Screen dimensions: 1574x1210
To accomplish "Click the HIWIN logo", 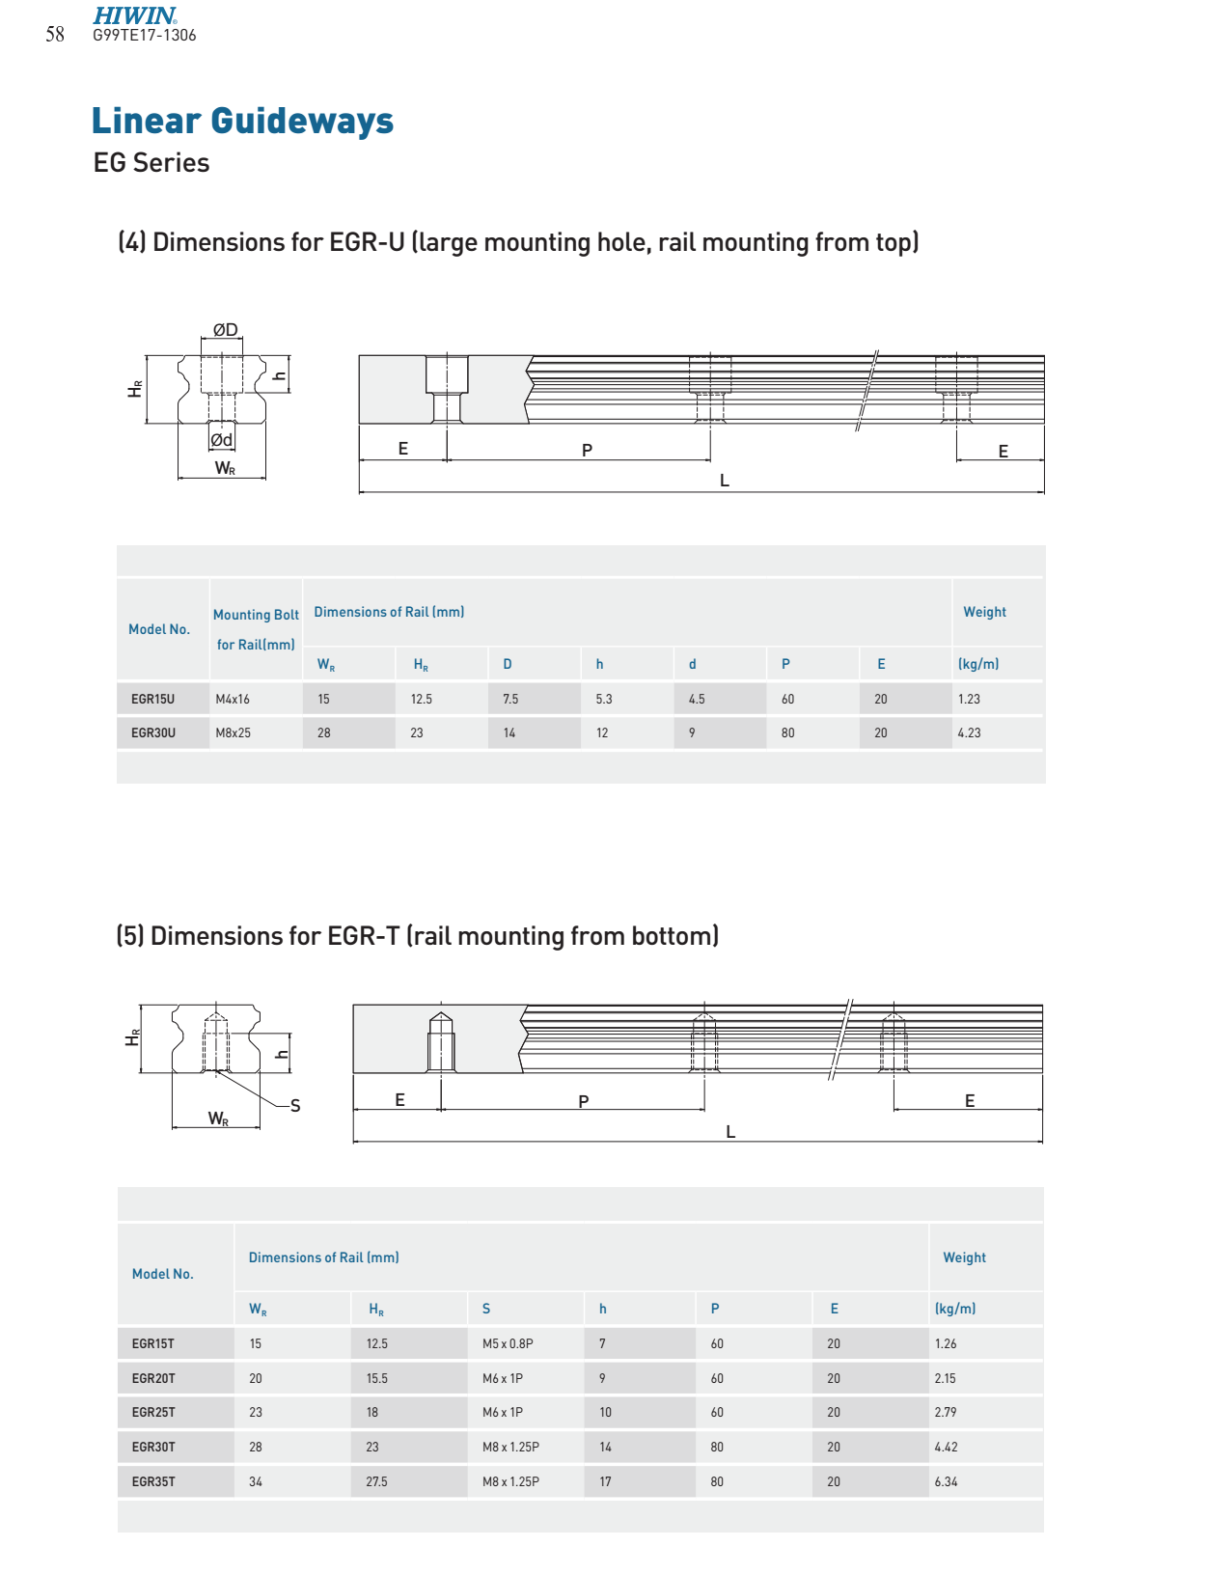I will tap(134, 15).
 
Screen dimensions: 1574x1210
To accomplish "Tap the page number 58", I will tap(55, 35).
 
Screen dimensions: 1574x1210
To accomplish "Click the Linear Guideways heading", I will tap(242, 121).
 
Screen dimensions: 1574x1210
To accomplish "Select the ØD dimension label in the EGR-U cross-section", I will tap(225, 330).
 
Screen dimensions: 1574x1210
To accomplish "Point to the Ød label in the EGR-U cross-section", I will tap(221, 440).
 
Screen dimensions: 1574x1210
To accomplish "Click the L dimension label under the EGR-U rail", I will tap(724, 481).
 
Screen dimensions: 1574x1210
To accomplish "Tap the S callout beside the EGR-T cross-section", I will tap(295, 1106).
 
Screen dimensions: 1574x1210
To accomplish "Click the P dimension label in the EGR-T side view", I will tap(584, 1101).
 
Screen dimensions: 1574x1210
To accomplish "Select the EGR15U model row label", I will tap(153, 699).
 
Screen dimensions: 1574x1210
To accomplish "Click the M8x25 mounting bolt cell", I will tap(233, 732).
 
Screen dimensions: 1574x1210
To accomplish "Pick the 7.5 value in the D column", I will tap(510, 699).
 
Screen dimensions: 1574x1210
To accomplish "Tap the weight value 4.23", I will tap(969, 732).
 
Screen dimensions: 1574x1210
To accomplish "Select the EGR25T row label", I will tap(153, 1412).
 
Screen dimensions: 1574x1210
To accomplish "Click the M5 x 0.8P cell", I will tap(508, 1343).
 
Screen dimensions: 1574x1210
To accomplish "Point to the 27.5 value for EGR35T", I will tap(376, 1481).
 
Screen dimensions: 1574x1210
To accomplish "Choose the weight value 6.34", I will tap(946, 1481).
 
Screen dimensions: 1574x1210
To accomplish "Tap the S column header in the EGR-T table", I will tap(486, 1309).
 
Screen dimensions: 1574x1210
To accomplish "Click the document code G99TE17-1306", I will tap(145, 36).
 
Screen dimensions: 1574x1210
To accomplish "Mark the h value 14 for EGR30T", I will tap(605, 1447).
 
